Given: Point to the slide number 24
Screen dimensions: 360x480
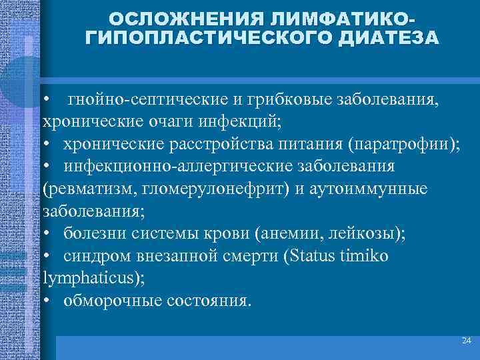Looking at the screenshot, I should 466,341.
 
